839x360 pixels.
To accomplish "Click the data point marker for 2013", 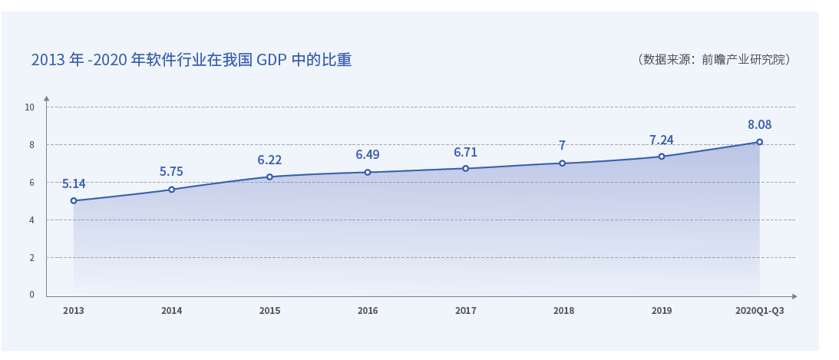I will [x=74, y=200].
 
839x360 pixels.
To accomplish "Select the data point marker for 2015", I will [x=269, y=177].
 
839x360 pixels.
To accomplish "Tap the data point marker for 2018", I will [x=563, y=163].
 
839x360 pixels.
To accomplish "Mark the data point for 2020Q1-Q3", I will [x=759, y=142].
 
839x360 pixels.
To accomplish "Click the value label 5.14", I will [x=74, y=184].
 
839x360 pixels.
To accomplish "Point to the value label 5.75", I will [x=171, y=172].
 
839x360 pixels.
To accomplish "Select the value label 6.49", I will [x=367, y=155].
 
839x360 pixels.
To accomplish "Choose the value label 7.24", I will [x=661, y=140].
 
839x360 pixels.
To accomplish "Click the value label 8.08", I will [x=759, y=125].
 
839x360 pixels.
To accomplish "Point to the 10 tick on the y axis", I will [x=30, y=107].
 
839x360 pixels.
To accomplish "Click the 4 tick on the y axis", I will [x=32, y=220].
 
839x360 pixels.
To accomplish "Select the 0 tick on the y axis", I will [x=32, y=295].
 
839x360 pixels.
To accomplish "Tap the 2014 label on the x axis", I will [x=171, y=311].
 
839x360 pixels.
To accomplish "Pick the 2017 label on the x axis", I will [x=465, y=311].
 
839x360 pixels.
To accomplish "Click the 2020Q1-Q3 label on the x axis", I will [x=759, y=311].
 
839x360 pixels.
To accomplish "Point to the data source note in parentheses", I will [x=714, y=59].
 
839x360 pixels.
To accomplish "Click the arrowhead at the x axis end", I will [x=794, y=296].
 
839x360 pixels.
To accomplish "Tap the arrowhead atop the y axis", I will [x=46, y=99].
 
